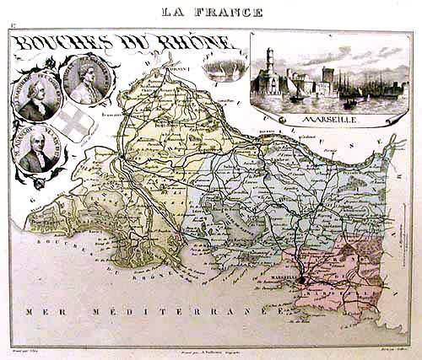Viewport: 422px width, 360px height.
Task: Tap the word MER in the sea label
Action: (x=39, y=312)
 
